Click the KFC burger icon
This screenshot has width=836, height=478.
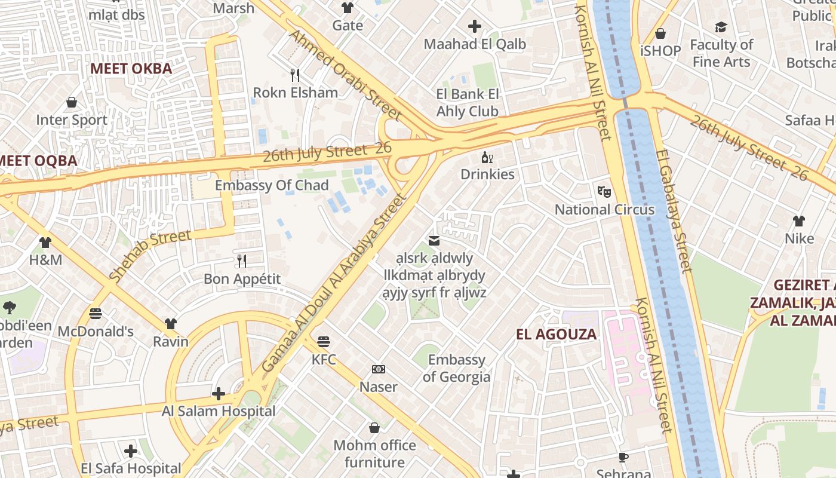324,342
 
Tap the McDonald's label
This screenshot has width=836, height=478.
96,331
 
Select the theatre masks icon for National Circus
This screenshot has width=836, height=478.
604,192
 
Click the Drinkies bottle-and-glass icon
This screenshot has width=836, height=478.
487,158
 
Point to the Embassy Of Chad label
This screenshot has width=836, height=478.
272,185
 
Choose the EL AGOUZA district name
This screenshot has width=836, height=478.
556,334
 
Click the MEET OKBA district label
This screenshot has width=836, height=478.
131,69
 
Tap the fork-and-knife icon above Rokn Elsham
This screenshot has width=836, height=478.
294,75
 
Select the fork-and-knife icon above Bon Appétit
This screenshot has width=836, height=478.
242,261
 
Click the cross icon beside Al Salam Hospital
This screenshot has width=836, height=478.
219,394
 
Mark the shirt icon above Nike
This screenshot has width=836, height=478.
799,221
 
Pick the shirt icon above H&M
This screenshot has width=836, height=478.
45,243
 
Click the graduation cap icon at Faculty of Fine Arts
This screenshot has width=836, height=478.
721,27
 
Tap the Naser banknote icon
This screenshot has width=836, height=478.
379,369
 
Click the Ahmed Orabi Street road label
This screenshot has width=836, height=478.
345,74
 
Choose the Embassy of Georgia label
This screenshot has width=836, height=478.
456,368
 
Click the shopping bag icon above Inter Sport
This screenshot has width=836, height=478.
72,102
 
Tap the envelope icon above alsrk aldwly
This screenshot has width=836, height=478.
434,241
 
